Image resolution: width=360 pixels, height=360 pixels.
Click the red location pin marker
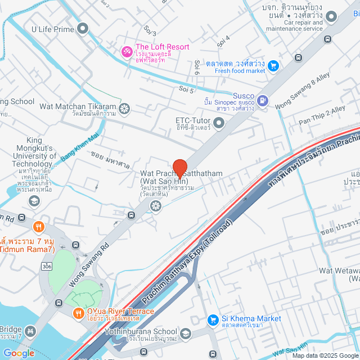(179, 168)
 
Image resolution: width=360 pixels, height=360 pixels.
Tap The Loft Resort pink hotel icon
(127, 52)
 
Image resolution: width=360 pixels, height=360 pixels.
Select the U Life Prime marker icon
(83, 28)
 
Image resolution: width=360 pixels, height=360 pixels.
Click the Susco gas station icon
(262, 100)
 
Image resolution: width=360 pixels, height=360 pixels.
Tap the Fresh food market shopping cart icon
(273, 66)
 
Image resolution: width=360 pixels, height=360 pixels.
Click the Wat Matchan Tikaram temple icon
(125, 107)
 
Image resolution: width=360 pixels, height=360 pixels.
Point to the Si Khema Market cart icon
(213, 320)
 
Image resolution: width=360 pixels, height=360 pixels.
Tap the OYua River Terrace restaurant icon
(78, 313)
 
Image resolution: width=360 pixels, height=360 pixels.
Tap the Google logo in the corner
(18, 353)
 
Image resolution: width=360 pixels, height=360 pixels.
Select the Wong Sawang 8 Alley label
(302, 90)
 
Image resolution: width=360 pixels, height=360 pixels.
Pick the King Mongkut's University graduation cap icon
(34, 201)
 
